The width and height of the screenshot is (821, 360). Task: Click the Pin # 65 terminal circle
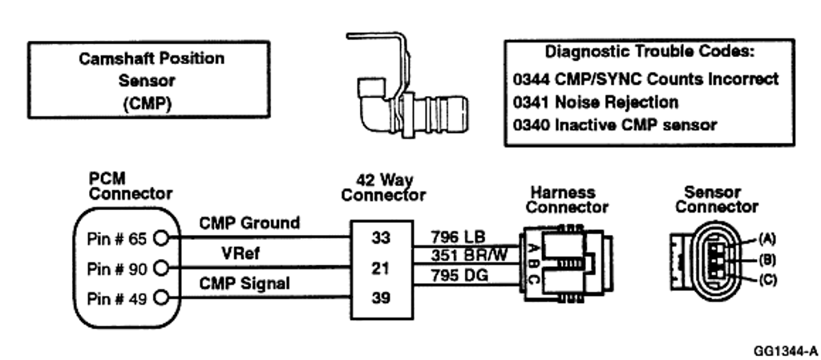click(x=161, y=239)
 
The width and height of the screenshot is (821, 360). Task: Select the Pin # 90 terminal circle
click(x=161, y=269)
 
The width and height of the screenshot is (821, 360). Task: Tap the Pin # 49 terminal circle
click(x=161, y=298)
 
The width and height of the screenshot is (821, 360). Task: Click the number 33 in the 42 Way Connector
click(x=381, y=238)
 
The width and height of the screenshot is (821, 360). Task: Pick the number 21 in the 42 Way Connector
click(x=381, y=268)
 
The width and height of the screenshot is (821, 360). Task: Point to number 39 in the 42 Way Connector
click(x=381, y=297)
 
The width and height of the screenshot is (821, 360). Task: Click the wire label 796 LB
click(x=458, y=237)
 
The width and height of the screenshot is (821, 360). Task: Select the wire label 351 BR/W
click(x=470, y=255)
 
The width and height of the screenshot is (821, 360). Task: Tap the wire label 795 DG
click(x=459, y=275)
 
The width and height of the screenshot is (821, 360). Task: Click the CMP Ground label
click(x=249, y=224)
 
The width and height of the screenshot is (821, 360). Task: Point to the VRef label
click(x=241, y=254)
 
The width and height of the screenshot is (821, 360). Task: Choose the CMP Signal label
click(x=244, y=284)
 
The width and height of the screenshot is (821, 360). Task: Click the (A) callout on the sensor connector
click(x=767, y=240)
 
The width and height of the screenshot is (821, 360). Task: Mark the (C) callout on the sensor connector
click(x=767, y=280)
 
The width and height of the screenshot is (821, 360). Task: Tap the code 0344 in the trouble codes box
click(x=531, y=79)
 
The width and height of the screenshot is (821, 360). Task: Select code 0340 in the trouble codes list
click(x=531, y=125)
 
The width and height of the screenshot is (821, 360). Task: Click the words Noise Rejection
click(x=617, y=102)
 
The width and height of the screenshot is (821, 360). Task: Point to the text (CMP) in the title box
click(x=148, y=103)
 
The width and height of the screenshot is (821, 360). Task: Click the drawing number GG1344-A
click(x=786, y=350)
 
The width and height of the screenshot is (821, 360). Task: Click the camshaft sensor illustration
click(x=406, y=87)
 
